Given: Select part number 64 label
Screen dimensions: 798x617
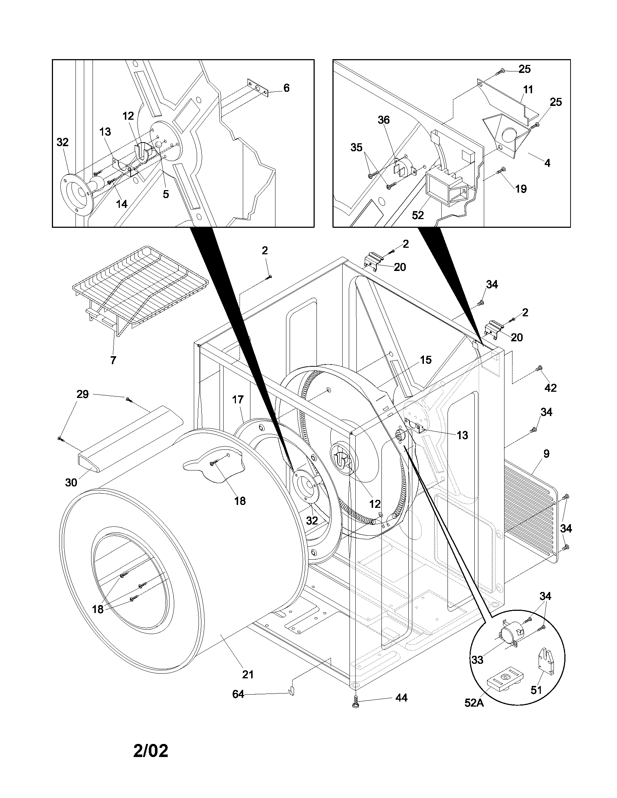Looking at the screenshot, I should [x=238, y=694].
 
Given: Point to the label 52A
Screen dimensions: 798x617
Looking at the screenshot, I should [x=474, y=713].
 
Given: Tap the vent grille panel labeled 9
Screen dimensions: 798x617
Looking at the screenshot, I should [x=530, y=511].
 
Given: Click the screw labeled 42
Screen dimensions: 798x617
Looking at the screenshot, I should [x=539, y=369].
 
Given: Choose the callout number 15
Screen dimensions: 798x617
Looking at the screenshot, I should [x=425, y=360].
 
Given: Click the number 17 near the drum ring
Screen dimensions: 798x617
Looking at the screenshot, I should [x=238, y=399].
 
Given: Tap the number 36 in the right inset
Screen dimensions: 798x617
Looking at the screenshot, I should [x=384, y=120].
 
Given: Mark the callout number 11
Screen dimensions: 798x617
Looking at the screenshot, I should [x=528, y=90].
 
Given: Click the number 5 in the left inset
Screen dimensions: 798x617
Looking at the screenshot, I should [x=166, y=194].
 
